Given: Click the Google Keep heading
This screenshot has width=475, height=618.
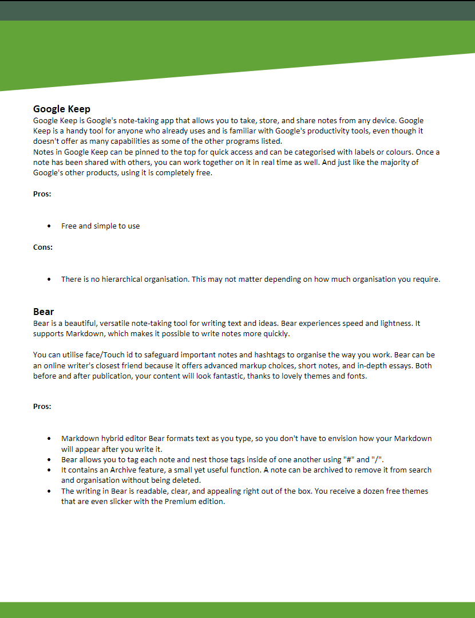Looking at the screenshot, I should tap(62, 109).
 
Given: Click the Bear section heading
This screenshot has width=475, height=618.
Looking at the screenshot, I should tap(43, 312).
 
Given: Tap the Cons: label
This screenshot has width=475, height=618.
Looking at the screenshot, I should tap(43, 247).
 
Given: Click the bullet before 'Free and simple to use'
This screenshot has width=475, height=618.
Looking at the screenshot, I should tap(49, 226).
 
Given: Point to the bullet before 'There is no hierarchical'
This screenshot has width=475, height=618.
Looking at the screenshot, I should tap(49, 280).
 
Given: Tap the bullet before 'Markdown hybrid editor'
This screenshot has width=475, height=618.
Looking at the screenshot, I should tap(49, 439).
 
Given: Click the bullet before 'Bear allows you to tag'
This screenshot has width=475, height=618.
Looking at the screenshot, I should tap(49, 459).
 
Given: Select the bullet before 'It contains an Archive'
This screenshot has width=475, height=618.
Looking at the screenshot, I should tap(49, 470).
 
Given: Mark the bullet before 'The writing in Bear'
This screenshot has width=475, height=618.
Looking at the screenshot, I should tap(49, 491).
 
